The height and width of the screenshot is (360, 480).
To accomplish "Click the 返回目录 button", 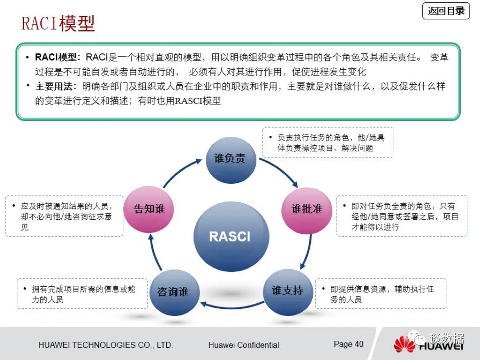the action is (x=446, y=11).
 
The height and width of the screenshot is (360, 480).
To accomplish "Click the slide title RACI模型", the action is (x=58, y=23).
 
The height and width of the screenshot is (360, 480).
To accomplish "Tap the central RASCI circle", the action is (x=231, y=236).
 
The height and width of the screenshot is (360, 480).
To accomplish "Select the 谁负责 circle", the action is (x=231, y=160).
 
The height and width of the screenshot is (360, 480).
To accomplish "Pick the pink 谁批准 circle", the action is (x=307, y=210).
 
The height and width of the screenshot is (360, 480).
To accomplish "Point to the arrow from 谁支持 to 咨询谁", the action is (x=232, y=307).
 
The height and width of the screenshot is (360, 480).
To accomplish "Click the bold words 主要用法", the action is (x=53, y=86).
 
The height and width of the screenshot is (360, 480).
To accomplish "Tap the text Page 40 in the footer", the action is (x=348, y=344).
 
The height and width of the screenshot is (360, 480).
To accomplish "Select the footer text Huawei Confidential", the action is (x=244, y=345).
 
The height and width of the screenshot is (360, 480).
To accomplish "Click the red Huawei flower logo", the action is (x=405, y=344).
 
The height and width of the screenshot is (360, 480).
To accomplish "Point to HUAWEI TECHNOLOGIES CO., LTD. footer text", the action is (x=105, y=345).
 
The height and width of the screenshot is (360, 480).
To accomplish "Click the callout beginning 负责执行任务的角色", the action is (x=328, y=142).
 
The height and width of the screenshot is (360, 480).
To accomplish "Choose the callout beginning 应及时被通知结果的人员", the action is (x=64, y=216).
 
